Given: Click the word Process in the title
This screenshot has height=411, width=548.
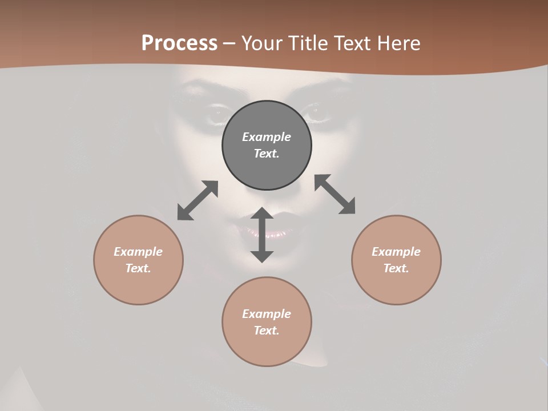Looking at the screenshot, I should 179,43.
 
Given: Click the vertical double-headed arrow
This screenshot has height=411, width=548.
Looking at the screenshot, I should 262,235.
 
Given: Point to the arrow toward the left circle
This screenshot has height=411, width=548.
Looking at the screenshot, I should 198,200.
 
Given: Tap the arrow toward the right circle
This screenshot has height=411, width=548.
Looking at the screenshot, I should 335,194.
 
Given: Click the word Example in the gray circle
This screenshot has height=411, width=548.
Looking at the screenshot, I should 267,137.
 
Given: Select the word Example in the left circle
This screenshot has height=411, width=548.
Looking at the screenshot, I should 138,252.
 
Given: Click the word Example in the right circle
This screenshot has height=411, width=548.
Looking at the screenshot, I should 396,252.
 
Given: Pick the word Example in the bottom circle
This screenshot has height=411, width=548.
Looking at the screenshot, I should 267,314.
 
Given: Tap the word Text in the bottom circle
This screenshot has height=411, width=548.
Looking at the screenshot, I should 267,331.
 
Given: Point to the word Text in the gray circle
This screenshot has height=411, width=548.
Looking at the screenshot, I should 267,154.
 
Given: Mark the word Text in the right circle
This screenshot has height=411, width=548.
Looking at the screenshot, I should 396,268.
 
